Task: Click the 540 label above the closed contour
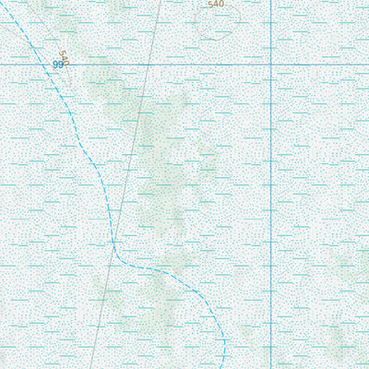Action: pos(216,4)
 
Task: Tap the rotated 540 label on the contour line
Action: pos(64,57)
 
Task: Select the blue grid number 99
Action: pos(58,65)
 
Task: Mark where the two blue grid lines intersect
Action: pos(270,65)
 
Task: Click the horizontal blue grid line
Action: pos(184,65)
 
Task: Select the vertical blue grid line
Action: pos(270,184)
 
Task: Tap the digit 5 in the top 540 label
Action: pos(211,4)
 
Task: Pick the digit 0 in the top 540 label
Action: pos(221,4)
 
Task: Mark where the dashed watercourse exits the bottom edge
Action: pos(224,367)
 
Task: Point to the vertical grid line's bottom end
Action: pos(270,367)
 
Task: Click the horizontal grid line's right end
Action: pos(367,65)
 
